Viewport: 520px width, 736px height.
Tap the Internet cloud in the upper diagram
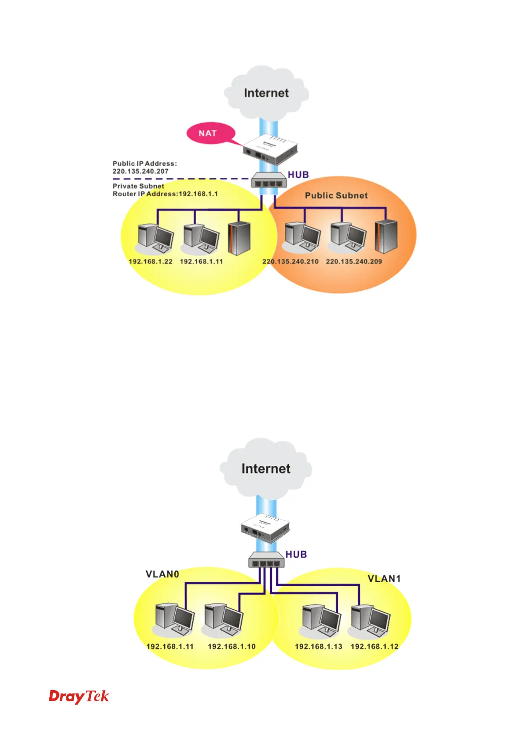pos(266,93)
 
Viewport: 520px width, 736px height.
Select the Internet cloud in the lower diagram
pos(266,469)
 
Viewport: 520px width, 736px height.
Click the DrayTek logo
pos(79,696)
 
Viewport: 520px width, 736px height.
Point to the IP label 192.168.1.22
pos(150,261)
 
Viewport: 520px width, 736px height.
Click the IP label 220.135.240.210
pos(290,261)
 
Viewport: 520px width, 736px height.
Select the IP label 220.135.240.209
pos(354,261)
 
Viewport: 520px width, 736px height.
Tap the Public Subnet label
pos(336,195)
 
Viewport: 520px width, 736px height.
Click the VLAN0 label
pos(162,574)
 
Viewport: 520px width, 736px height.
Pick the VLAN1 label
pos(384,579)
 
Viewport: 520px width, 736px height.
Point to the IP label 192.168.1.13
pos(318,646)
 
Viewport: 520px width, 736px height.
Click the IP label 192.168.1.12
pos(374,646)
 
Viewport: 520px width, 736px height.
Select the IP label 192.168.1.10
pos(232,646)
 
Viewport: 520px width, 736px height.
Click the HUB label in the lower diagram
pos(296,554)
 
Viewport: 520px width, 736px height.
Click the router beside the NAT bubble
pos(270,149)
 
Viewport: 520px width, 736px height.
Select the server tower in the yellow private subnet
pos(239,238)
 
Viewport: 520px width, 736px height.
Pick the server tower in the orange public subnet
pos(386,236)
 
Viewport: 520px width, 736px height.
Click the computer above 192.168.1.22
pos(155,239)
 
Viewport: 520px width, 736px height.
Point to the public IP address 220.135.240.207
pos(140,171)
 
